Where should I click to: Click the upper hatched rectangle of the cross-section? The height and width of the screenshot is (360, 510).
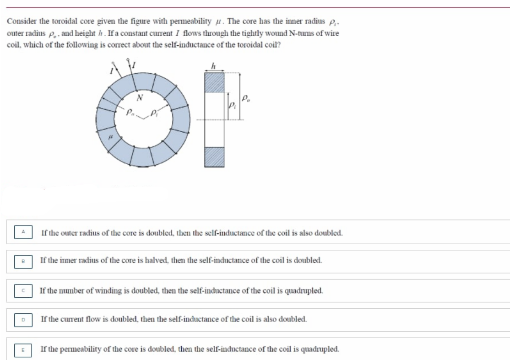coord(214,83)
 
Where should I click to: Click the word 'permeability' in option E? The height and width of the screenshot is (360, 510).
coord(80,349)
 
